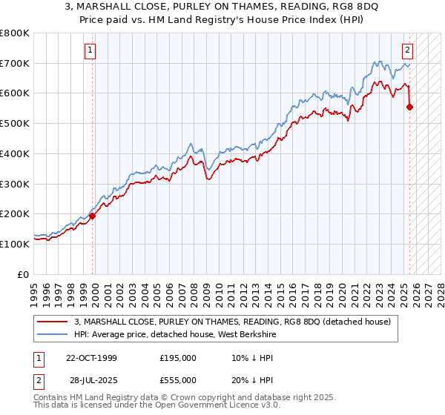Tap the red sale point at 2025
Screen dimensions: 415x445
pyautogui.click(x=410, y=107)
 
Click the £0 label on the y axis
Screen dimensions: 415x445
pyautogui.click(x=24, y=274)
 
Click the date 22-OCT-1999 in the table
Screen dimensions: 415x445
pyautogui.click(x=91, y=358)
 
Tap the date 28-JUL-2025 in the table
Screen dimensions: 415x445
pyautogui.click(x=95, y=380)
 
